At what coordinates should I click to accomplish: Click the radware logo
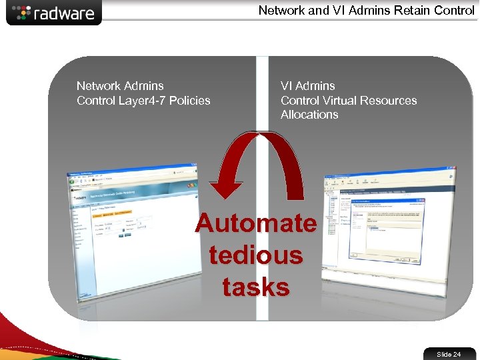54,13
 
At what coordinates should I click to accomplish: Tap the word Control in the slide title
451,11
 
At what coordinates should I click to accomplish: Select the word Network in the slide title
283,11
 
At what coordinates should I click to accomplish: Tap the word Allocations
309,115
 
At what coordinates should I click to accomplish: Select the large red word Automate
256,223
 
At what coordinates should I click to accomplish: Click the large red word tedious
256,255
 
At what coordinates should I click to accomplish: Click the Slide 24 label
448,354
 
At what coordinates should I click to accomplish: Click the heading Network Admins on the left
120,86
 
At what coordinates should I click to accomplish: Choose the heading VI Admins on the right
308,86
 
